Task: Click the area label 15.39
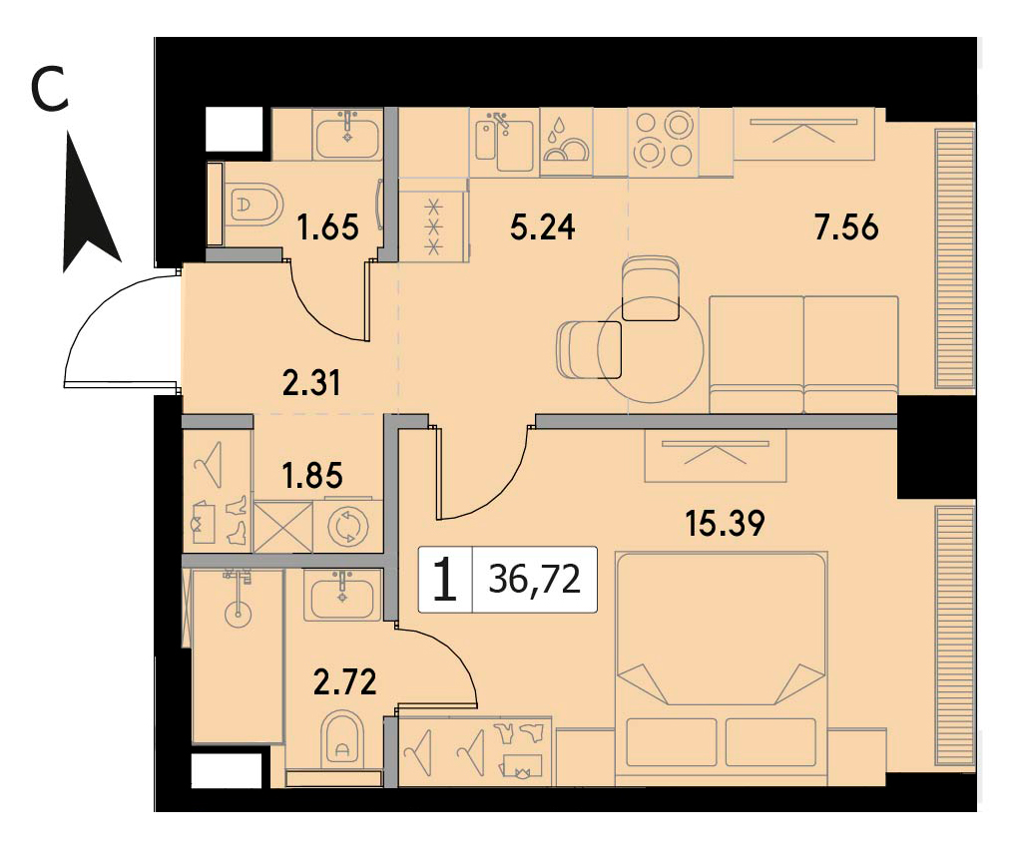725,523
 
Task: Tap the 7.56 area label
847,228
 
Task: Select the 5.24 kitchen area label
543,228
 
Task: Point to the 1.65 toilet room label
327,228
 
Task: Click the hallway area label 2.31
311,383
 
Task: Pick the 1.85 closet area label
313,476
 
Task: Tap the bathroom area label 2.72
344,682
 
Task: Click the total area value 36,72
535,580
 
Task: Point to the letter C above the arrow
50,91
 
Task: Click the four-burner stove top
664,141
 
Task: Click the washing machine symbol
348,526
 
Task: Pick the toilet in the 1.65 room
255,205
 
